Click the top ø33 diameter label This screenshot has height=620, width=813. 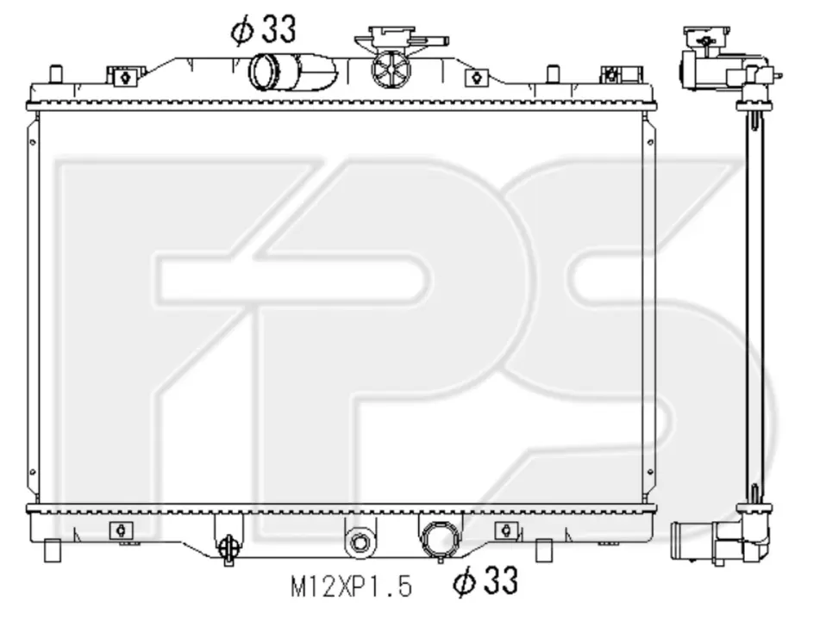(264, 29)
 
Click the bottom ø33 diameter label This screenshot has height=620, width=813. (485, 580)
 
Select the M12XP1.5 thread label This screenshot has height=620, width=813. (352, 587)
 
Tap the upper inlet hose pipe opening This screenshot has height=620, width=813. (264, 71)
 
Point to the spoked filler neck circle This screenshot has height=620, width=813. (391, 69)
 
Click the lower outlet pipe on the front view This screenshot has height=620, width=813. (441, 539)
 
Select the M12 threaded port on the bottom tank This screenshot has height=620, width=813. (360, 542)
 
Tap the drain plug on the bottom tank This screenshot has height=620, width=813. (228, 549)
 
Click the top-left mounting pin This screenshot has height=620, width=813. (55, 73)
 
